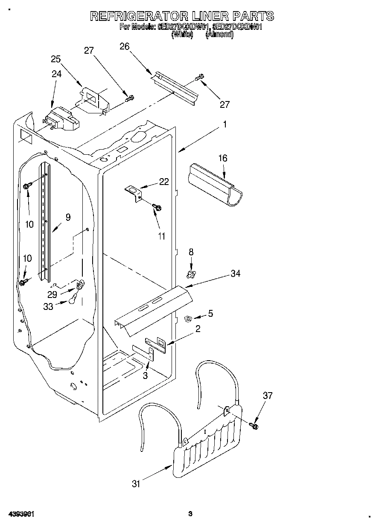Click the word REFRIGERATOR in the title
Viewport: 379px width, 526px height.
coord(139,16)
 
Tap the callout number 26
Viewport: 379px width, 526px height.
coord(124,46)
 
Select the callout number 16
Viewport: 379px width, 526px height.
coord(223,159)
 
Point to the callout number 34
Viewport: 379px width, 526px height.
coord(236,274)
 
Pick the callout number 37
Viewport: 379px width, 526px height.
coord(267,396)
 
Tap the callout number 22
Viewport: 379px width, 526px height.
coord(164,182)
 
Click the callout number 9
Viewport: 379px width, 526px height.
coord(68,217)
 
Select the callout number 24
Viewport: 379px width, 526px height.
coord(56,73)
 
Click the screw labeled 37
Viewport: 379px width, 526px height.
coord(255,425)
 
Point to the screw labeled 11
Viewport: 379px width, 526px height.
coord(157,207)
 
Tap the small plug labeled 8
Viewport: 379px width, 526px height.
coord(191,272)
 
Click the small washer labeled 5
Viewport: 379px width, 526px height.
coord(187,318)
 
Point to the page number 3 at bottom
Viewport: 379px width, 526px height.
coord(191,514)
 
